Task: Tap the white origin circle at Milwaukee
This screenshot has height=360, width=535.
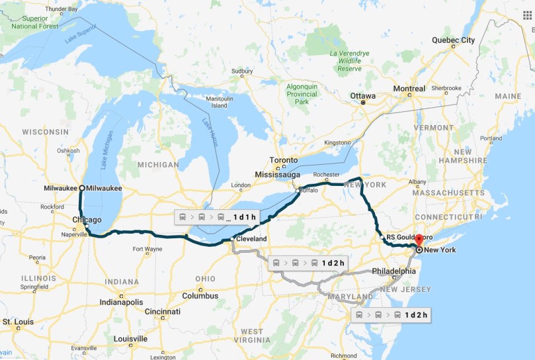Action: (x=82, y=188)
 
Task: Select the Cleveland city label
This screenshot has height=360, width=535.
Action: (x=251, y=238)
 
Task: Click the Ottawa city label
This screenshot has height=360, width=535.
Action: (x=362, y=97)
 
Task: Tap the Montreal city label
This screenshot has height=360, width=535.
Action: (x=409, y=89)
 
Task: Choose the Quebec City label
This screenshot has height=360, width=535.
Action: (x=453, y=40)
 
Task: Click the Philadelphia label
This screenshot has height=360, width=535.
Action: (x=394, y=271)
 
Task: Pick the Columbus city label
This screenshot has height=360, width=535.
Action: (x=201, y=295)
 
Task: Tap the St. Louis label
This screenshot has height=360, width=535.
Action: (x=18, y=322)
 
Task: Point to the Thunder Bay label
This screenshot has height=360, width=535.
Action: (x=62, y=9)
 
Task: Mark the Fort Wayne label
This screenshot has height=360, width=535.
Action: (x=147, y=249)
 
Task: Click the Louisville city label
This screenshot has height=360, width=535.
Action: (x=130, y=338)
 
